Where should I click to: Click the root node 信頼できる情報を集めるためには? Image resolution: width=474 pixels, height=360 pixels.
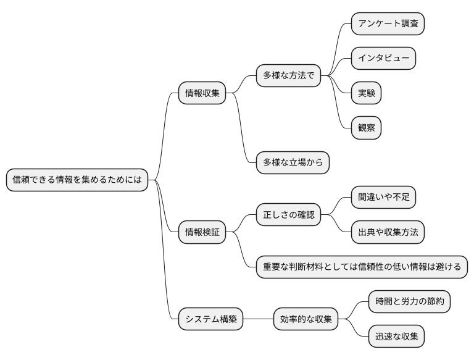(77, 180)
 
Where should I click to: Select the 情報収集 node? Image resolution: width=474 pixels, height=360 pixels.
(202, 93)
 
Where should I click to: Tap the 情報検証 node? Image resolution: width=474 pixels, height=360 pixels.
(202, 233)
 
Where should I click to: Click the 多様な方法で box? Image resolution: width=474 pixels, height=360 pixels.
(289, 76)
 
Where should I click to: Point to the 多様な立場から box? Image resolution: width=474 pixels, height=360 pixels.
(293, 163)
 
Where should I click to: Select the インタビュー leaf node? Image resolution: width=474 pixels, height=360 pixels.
(383, 59)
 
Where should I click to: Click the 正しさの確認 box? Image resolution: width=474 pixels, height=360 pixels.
(289, 215)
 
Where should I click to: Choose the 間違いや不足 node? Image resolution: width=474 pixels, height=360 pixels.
(383, 198)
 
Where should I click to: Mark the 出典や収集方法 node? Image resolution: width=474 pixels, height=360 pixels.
(388, 232)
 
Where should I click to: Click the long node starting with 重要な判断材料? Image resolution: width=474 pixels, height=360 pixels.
(362, 267)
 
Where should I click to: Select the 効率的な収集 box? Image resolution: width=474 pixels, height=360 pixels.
(306, 320)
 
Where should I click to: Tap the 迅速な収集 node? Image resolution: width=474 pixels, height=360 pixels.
(397, 337)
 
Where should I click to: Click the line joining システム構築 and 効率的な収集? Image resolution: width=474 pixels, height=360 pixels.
(259, 320)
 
